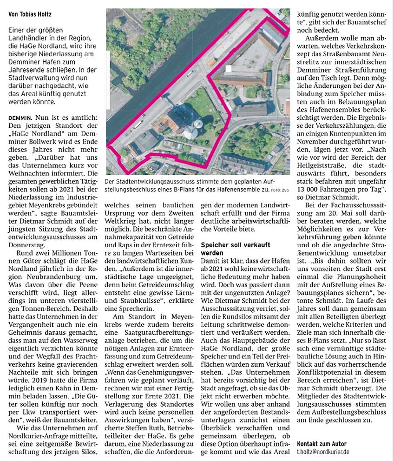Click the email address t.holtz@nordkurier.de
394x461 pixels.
tap(323, 452)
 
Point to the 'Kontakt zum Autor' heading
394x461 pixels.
tap(321, 444)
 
